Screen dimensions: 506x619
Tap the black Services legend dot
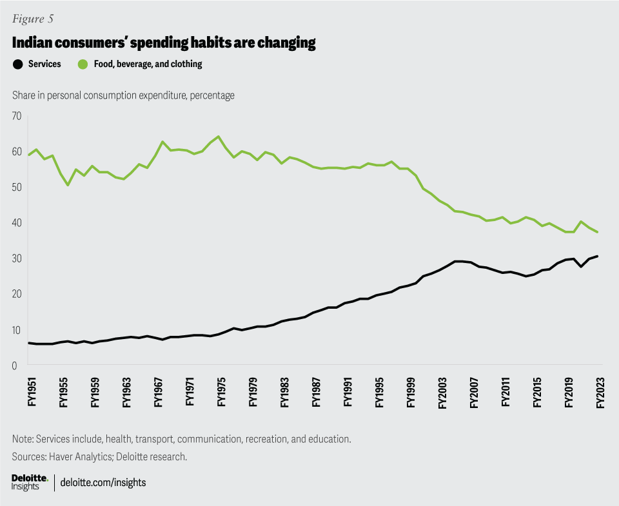point(18,64)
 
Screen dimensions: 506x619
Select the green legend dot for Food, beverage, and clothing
point(83,64)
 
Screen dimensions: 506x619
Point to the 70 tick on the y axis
point(16,116)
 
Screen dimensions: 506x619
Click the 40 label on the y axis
point(16,222)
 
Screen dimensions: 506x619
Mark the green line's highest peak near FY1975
point(219,137)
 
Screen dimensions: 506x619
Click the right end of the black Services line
point(598,257)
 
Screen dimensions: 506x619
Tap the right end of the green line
point(598,232)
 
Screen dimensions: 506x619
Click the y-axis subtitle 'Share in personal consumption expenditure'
point(123,95)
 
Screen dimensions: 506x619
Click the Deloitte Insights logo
point(30,482)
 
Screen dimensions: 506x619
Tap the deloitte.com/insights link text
point(103,482)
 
